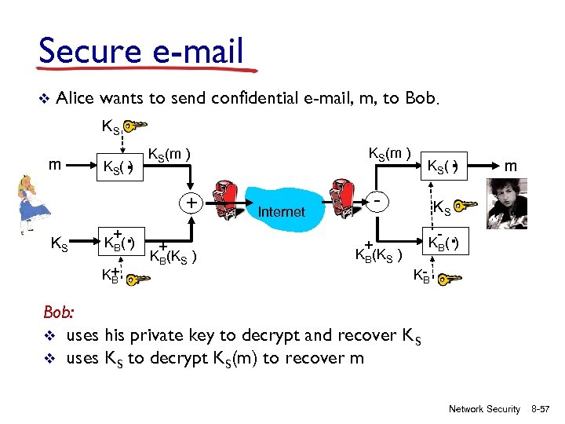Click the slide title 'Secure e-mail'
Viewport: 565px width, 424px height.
click(x=141, y=51)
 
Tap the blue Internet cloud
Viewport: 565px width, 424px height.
click(x=282, y=210)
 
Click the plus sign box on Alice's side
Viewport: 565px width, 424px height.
click(x=191, y=203)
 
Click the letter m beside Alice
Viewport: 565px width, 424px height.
click(x=54, y=165)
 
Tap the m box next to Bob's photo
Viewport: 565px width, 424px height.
click(x=510, y=165)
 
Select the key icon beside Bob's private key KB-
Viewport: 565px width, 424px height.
click(x=450, y=278)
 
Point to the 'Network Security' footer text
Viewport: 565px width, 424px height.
click(x=483, y=409)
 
